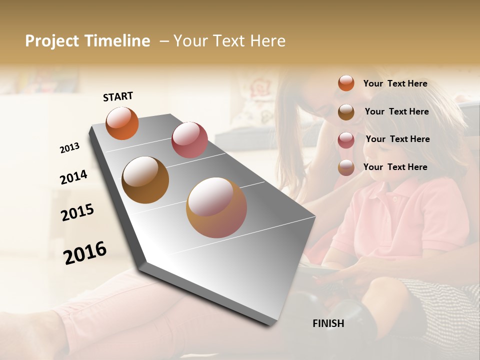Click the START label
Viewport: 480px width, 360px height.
118,96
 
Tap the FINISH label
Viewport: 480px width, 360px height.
328,323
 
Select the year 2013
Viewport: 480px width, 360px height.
69,148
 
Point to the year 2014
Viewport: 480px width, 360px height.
73,177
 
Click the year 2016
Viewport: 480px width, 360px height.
85,253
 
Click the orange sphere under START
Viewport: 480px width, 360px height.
122,123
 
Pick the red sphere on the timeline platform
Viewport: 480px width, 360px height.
189,140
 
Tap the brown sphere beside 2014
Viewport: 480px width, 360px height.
145,180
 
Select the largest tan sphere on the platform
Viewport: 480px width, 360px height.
216,207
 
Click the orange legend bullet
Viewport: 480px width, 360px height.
346,83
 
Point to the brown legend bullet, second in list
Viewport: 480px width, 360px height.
346,112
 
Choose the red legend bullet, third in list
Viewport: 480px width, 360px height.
346,139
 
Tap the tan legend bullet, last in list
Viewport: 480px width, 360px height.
346,167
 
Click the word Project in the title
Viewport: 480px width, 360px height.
52,41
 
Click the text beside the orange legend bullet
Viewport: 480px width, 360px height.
395,83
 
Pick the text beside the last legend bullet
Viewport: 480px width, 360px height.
395,167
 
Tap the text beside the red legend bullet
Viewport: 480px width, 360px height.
397,139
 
